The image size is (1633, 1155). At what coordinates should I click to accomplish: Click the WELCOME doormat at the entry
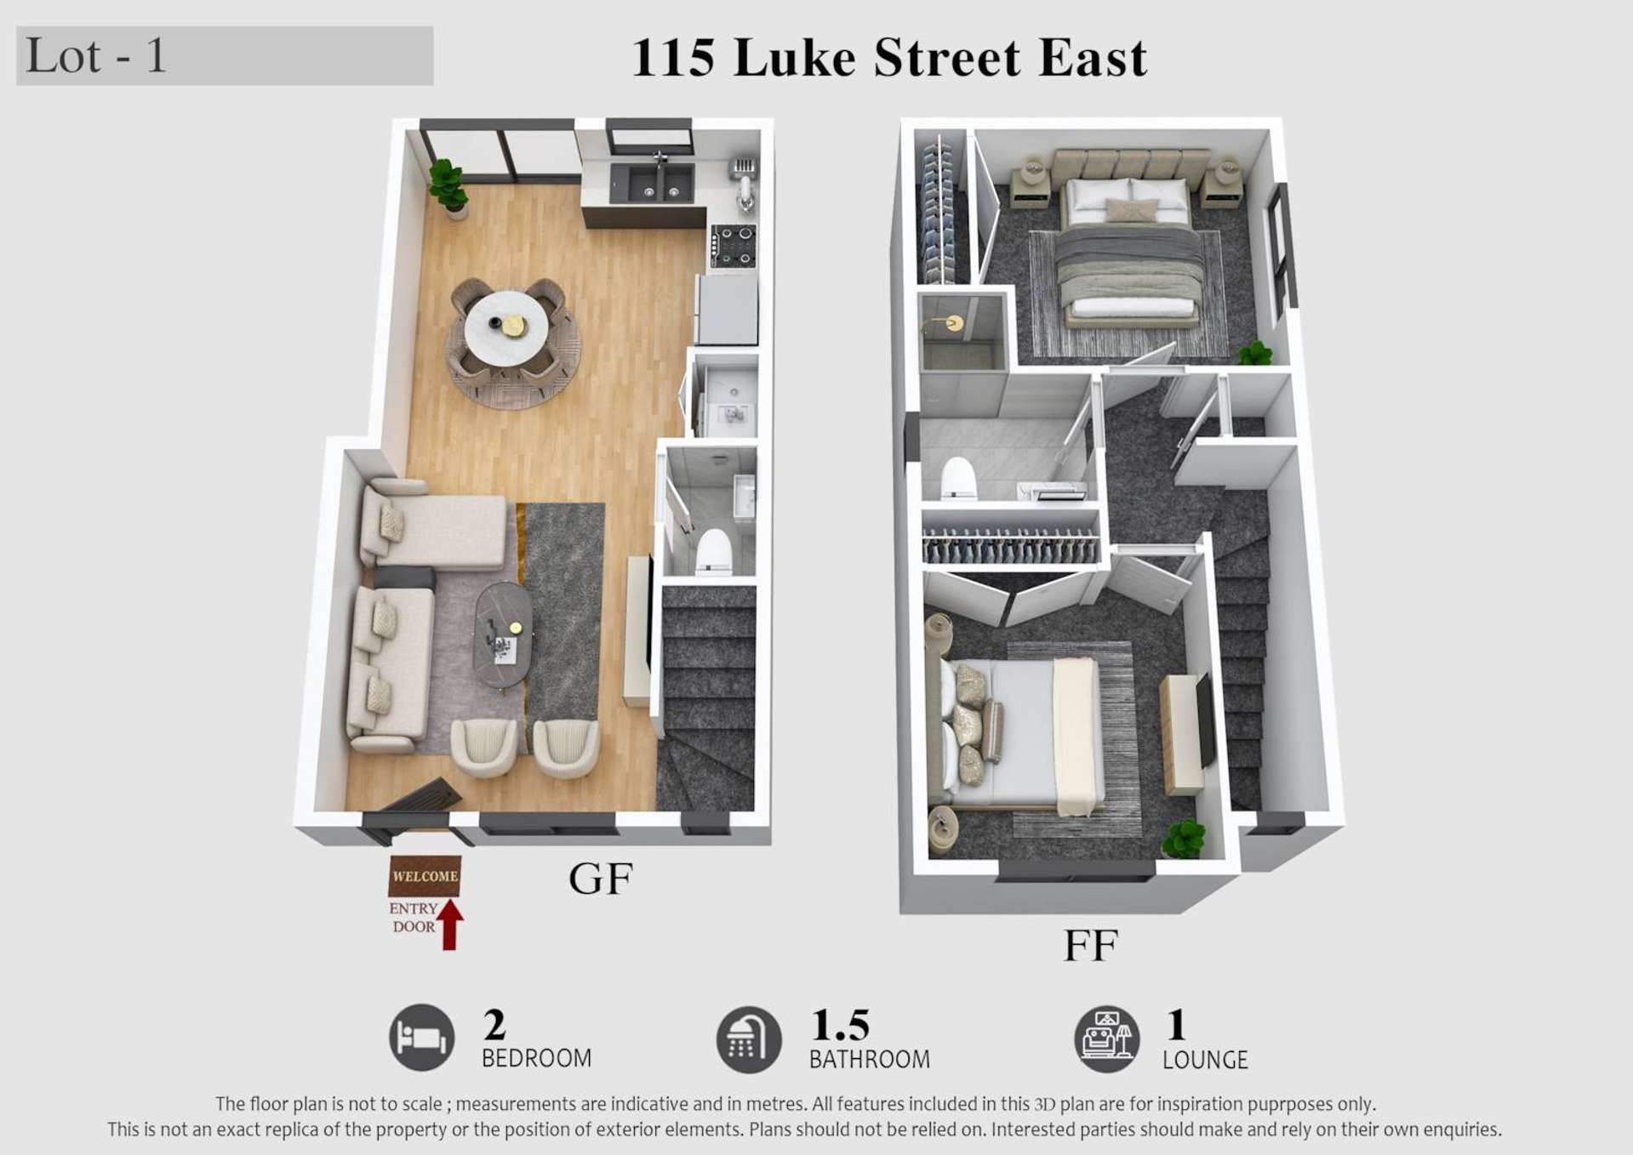[425, 876]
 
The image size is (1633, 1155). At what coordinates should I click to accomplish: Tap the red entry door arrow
[450, 925]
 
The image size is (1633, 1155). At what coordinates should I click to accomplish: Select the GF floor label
[601, 879]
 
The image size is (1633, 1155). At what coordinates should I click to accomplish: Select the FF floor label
[1090, 945]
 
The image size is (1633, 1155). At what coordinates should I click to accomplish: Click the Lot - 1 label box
[225, 56]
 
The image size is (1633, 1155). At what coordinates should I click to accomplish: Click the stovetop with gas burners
[734, 246]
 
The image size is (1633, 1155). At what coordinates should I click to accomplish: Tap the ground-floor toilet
[713, 552]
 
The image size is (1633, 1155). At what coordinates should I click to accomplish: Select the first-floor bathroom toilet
[958, 479]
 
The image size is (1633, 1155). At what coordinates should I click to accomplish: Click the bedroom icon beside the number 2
[422, 1037]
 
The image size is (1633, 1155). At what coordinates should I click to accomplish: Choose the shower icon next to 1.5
[748, 1039]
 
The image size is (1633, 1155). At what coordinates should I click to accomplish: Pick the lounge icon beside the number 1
[1106, 1038]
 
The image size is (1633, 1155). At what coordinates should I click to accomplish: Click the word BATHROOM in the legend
[869, 1060]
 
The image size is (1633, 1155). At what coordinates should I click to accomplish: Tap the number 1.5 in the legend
[840, 1025]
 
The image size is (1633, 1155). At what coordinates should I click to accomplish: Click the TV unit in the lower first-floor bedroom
[1183, 733]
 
